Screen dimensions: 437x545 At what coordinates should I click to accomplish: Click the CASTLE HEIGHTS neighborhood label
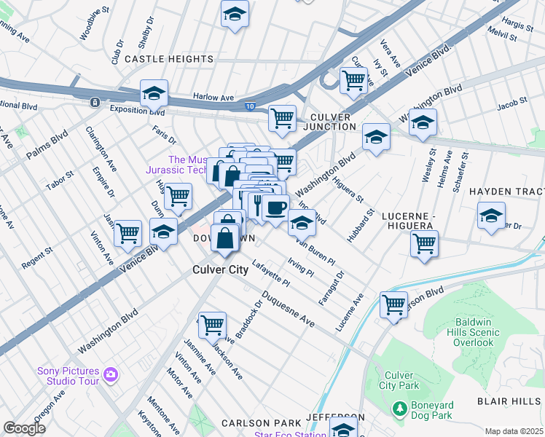(169, 58)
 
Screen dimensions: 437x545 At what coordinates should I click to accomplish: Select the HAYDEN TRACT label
(506, 191)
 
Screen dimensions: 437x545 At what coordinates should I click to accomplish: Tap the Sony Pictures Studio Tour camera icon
(111, 375)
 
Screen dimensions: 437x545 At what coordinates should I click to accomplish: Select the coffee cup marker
(275, 208)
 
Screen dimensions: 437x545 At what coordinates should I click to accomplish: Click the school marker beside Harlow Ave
(154, 94)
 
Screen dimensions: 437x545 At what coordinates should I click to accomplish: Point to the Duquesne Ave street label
(288, 310)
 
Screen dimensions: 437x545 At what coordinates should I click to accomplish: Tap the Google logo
(24, 428)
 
